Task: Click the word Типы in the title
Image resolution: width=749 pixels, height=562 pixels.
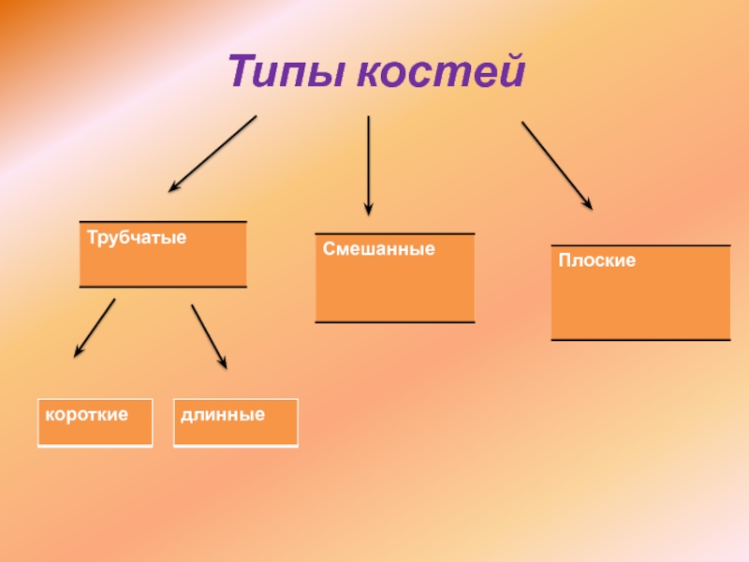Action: [x=286, y=72]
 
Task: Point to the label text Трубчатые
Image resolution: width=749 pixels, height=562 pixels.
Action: [x=137, y=238]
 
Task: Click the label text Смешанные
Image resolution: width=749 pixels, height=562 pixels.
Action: [x=379, y=250]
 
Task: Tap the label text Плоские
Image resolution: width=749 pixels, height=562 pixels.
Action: [x=597, y=261]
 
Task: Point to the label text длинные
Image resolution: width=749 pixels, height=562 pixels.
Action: [x=221, y=413]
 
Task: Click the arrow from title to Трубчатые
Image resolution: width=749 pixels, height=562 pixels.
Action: [x=213, y=154]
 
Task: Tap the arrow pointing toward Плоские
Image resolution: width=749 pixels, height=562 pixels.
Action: [x=556, y=164]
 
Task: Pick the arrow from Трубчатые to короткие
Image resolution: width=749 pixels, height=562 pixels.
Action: [x=95, y=327]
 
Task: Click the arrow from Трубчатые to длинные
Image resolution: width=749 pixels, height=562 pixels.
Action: [x=209, y=334]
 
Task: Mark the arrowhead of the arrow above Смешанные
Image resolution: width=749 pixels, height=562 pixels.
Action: [x=368, y=210]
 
